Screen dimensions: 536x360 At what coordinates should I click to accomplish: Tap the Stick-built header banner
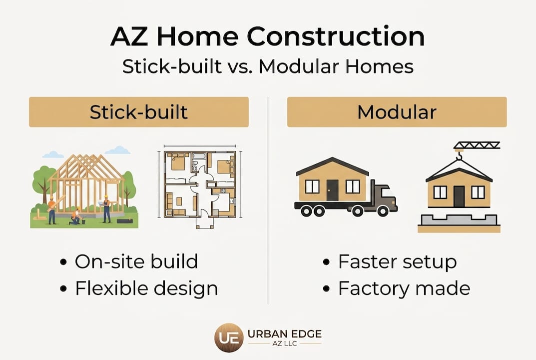coord(139,112)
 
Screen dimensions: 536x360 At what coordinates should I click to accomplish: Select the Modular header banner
coord(397,112)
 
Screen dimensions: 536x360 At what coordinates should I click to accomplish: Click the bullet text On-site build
coord(136,261)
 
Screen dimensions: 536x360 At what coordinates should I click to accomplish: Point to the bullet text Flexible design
coord(146,288)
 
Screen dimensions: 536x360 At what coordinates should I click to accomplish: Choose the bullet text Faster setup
coord(397,262)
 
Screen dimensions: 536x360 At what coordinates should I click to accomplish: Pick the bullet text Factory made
coord(404,288)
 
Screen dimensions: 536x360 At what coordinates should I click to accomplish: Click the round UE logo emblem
coord(229,338)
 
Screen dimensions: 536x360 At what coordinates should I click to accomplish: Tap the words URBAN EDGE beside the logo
coord(284,334)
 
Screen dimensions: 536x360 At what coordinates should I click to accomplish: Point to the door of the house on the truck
coord(332,190)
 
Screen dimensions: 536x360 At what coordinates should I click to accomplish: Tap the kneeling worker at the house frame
coord(76,216)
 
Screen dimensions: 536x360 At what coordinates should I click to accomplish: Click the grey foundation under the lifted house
coord(459,219)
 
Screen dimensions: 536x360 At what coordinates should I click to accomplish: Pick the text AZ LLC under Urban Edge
coord(285,343)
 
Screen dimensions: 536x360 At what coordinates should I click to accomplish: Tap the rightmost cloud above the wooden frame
coord(118,150)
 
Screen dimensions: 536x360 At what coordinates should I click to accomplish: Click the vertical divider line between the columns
coord(268,200)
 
